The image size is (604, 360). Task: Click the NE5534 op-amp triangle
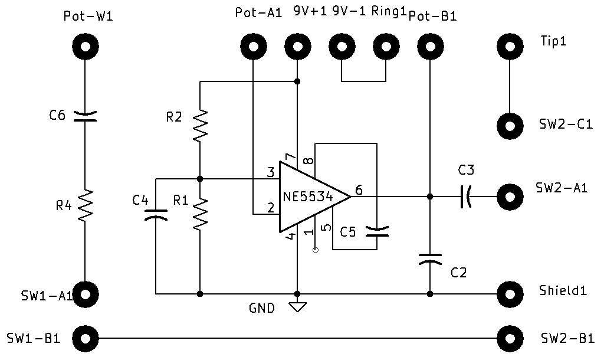[310, 197]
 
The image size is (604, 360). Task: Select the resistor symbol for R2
[200, 125]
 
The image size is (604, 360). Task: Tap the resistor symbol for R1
[200, 214]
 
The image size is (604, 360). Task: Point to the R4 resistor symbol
[85, 205]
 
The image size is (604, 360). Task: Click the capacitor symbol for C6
[85, 117]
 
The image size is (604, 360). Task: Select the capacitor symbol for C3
[467, 197]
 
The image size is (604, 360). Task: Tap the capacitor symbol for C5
[376, 231]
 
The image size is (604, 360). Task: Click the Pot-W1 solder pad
[85, 45]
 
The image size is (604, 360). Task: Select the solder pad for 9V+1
[297, 45]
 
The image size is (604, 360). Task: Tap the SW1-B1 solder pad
[85, 338]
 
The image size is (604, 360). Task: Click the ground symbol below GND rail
[297, 306]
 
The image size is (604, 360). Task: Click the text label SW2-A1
[561, 188]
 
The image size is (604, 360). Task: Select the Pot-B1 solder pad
[429, 45]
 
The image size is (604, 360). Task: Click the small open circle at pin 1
[315, 250]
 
